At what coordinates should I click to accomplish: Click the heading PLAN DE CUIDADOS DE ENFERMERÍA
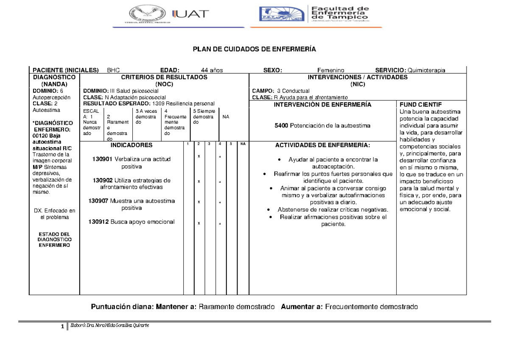pos(255,50)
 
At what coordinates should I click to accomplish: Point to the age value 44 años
pos(212,70)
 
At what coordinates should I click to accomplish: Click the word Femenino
pos(331,70)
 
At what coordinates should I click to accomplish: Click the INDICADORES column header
pos(131,145)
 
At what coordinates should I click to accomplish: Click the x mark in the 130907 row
pos(199,202)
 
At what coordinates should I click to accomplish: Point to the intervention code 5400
pos(281,126)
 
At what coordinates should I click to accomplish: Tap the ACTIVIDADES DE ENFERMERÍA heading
pos(323,145)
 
